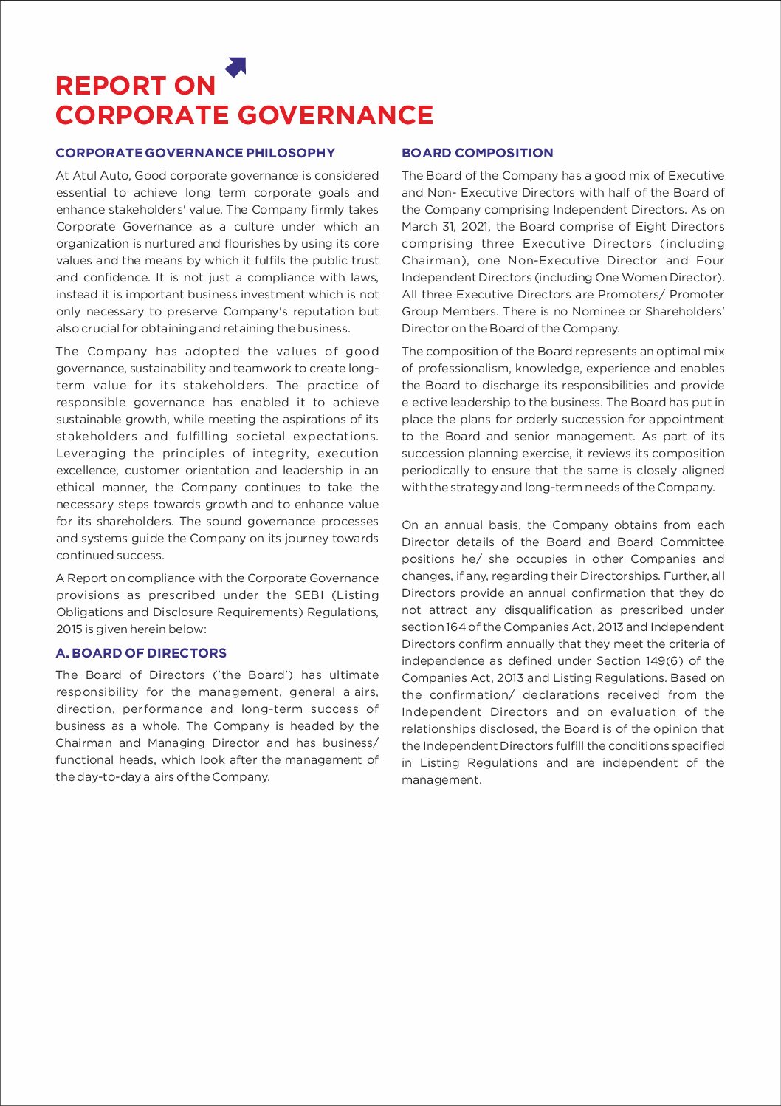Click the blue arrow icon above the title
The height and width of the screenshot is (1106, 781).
[x=235, y=67]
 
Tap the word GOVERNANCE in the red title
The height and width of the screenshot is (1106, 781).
[x=336, y=116]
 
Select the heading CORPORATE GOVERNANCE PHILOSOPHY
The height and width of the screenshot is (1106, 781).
[x=195, y=153]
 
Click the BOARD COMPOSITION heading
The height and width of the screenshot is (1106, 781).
[x=477, y=153]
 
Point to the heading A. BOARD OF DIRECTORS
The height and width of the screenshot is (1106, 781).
[x=141, y=653]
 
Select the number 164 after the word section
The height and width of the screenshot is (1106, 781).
[x=455, y=627]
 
